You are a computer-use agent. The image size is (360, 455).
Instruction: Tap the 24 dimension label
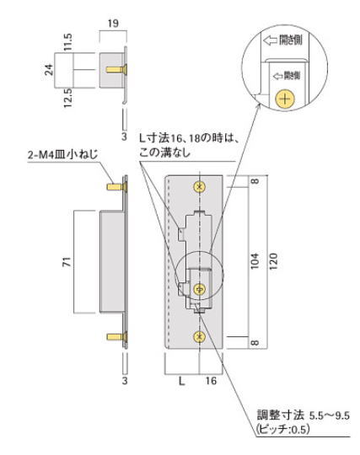49,69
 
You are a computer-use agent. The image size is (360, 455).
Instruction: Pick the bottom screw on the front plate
200,337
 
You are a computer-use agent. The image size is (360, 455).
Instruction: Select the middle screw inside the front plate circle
200,289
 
